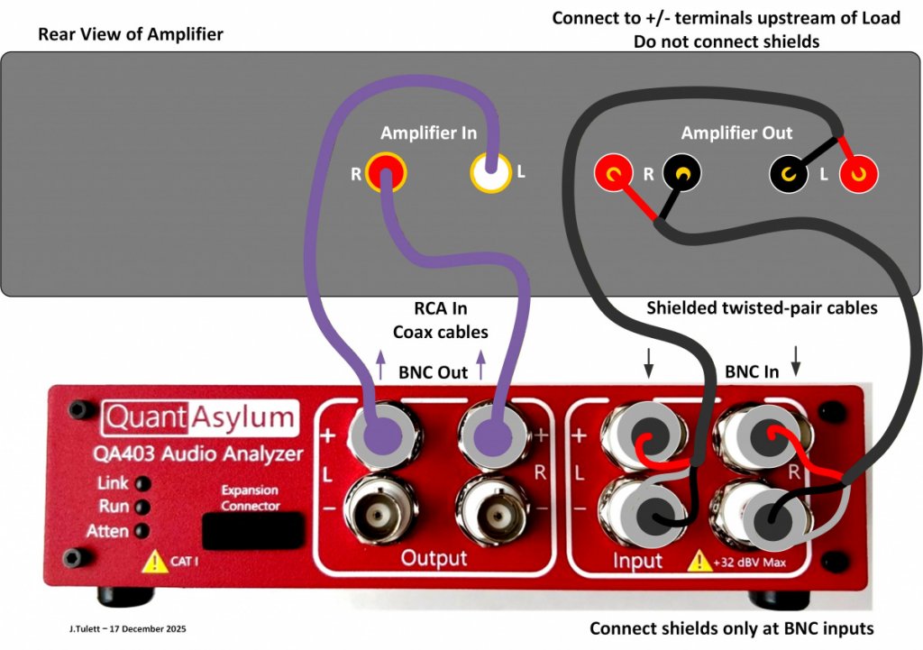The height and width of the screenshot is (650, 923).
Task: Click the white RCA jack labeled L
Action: click(x=491, y=172)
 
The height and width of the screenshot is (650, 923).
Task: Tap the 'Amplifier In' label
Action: click(x=428, y=133)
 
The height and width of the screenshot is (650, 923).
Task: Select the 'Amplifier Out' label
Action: click(x=736, y=133)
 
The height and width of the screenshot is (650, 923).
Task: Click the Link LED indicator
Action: click(x=142, y=484)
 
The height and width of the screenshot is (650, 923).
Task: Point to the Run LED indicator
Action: click(x=142, y=507)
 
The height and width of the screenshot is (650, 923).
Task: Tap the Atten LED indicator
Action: click(x=142, y=531)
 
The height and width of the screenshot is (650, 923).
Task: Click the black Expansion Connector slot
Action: click(x=251, y=530)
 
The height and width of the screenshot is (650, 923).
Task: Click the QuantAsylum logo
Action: click(x=199, y=417)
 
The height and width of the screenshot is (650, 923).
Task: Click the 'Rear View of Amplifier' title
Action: click(x=131, y=35)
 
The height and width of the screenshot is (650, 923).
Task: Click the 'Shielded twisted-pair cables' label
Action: click(x=762, y=308)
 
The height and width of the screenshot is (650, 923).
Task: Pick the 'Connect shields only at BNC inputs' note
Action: click(x=731, y=628)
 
